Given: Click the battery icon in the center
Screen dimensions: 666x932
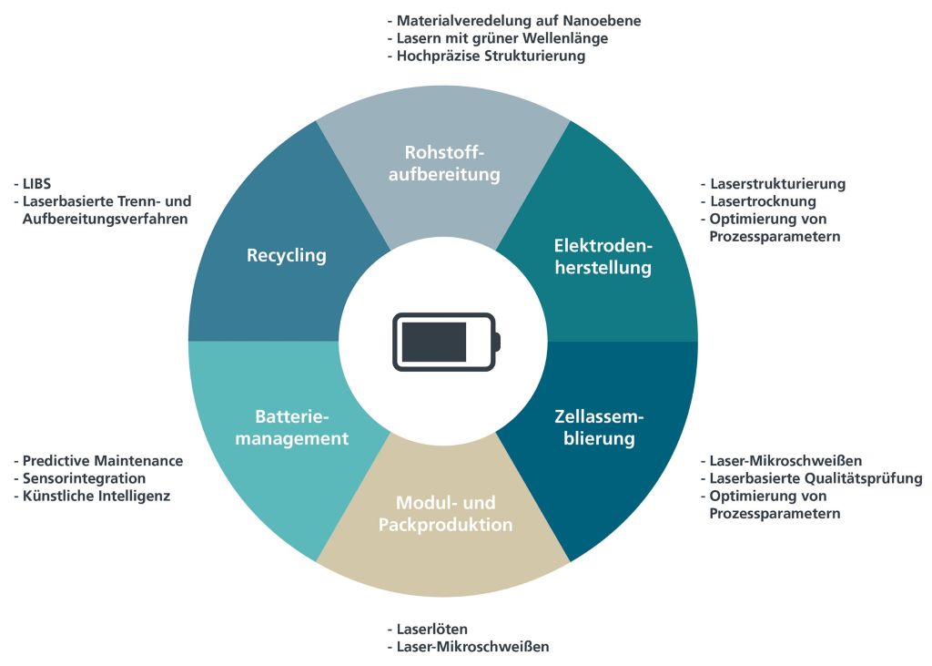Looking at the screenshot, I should pos(445,342).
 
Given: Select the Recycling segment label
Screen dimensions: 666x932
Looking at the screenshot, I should pos(286,255).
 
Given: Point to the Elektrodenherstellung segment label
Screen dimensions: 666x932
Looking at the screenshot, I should pos(603,257).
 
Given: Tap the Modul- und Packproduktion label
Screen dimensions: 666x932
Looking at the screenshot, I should pos(445,514).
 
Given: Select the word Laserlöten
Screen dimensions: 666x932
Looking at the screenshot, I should pos(431,630).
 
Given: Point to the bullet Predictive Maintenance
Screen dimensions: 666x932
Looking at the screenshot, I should pos(102,461).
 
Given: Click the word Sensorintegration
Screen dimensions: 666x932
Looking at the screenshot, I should pos(84,478).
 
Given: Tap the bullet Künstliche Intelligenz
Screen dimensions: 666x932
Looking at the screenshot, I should pos(96,496).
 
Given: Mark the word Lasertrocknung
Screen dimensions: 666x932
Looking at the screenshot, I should pos(763,201).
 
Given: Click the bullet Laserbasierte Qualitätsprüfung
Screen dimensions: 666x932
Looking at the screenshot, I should pos(815,478).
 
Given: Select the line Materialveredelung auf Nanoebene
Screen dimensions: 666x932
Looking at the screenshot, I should pos(519,21).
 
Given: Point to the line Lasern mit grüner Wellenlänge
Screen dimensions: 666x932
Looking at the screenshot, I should pos(501,38).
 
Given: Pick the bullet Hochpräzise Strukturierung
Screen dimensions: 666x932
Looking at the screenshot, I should pos(491,56).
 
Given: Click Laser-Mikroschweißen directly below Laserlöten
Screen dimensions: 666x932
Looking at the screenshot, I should pos(472,647).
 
